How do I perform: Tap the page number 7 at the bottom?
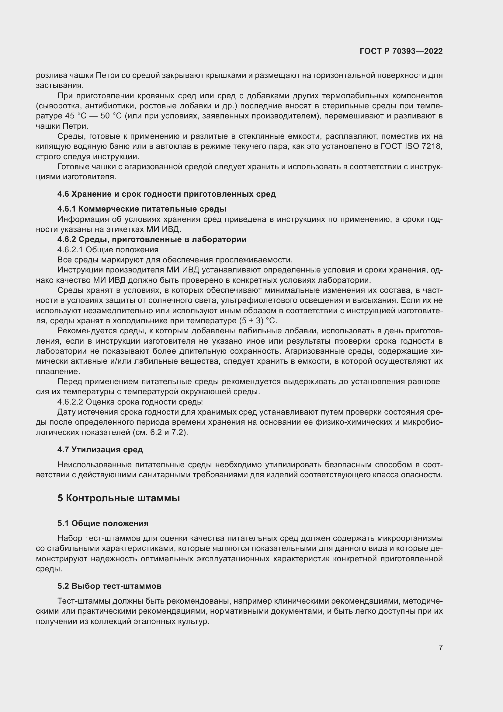coord(440,647)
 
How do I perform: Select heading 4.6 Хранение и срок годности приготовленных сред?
coord(166,194)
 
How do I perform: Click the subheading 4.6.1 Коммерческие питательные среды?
coord(141,209)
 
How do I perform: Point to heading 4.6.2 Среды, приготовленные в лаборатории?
coord(152,239)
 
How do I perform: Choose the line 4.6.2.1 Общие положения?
coord(108,250)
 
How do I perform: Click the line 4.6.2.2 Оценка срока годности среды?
coord(130,402)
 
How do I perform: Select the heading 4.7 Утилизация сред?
coord(100,450)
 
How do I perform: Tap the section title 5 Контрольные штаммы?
coord(118,498)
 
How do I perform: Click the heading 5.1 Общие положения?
coord(103,524)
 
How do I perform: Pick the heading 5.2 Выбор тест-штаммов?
coord(109,586)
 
